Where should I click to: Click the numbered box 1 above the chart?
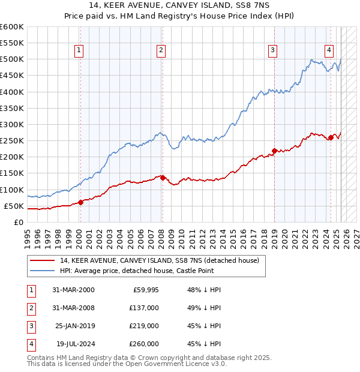(79, 51)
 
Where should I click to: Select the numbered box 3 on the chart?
(272, 51)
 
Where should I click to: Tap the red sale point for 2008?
(163, 177)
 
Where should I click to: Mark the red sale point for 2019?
(274, 151)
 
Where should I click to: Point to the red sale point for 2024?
(331, 137)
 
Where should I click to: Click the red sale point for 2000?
(80, 202)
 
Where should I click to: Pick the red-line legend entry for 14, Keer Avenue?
(159, 260)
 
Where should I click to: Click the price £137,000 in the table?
(144, 308)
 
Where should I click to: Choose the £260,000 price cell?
(144, 344)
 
